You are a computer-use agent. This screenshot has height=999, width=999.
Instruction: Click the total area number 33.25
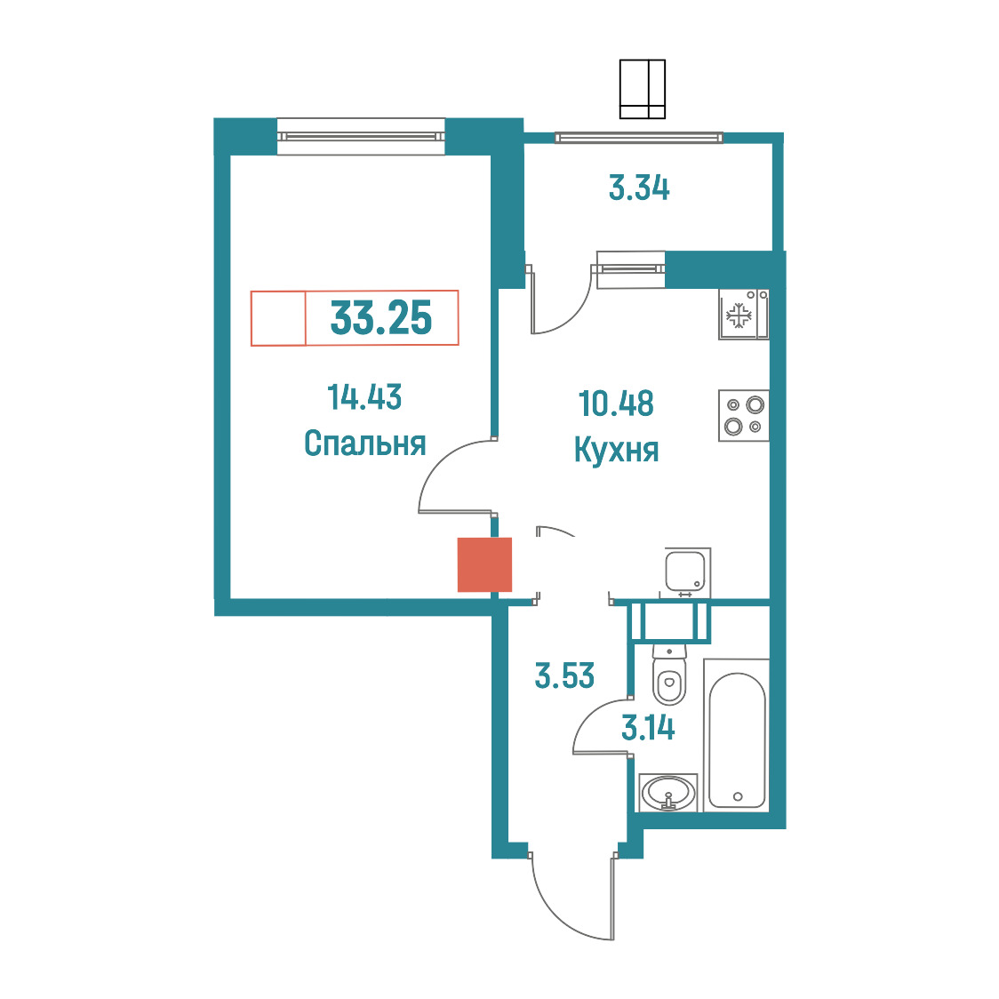381,318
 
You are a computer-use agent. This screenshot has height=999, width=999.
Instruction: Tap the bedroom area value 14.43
364,397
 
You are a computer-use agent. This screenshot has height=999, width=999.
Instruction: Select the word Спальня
364,443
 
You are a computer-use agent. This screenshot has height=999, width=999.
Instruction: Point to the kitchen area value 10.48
616,404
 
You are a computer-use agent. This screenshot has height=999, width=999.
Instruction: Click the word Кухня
616,450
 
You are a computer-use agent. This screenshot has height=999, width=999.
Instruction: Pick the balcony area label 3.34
639,188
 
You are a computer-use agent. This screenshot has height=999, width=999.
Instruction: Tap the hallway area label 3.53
564,676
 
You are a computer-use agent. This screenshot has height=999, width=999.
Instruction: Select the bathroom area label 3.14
648,728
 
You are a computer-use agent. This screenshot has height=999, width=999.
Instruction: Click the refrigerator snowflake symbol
739,315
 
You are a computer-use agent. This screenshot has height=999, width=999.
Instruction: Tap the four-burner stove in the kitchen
744,415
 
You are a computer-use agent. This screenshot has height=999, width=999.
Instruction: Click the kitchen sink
687,571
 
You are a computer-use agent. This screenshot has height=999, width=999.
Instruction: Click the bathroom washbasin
668,793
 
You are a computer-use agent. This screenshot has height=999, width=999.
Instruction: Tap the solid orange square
485,564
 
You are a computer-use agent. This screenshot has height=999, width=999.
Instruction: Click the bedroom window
361,136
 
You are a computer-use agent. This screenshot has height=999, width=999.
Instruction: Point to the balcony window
639,137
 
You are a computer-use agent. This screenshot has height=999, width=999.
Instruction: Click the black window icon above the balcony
643,89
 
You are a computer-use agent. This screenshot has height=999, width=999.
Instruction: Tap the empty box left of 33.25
278,318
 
